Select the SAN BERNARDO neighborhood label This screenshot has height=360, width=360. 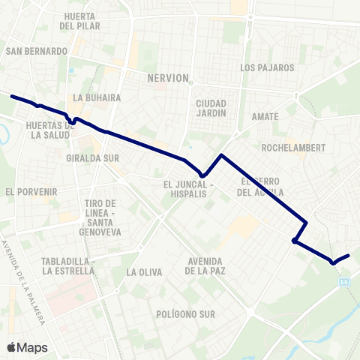pos(36,51)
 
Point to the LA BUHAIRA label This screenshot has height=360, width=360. pos(92,97)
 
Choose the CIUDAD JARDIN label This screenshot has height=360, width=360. pos(211,108)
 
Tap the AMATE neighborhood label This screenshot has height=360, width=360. pos(265,117)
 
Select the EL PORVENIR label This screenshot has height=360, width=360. pos(31,192)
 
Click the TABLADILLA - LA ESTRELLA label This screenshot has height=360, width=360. pos(67,265)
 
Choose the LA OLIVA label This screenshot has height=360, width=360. pos(145,272)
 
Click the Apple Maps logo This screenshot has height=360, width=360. pos(26,347)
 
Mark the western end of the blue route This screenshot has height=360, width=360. pos(11,96)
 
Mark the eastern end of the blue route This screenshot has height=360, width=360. pos(349,256)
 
